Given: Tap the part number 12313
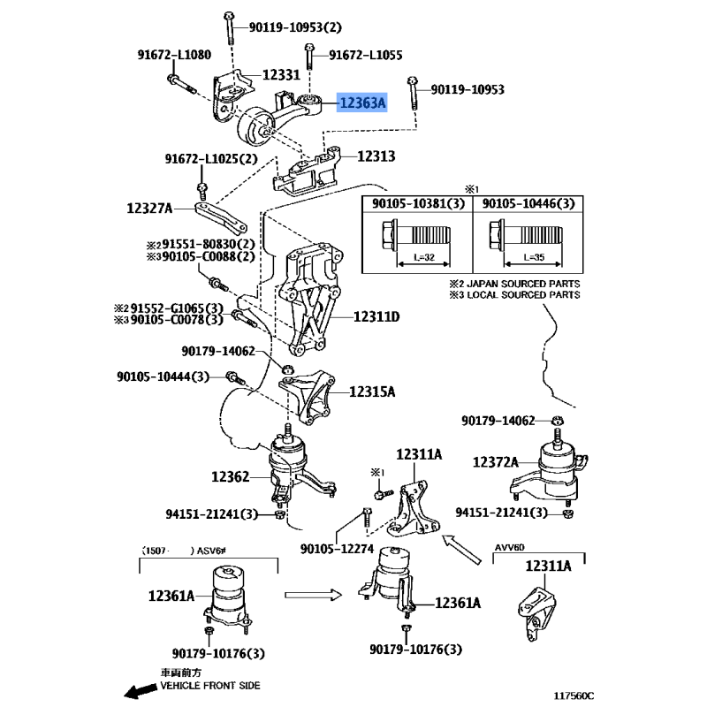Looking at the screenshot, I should click(x=376, y=156).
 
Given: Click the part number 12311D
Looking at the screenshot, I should click(x=377, y=316).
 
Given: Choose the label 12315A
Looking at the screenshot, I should click(x=372, y=391).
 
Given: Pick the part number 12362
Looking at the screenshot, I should click(x=232, y=476).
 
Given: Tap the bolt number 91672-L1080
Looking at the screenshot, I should click(x=175, y=55).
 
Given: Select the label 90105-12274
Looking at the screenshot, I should click(x=338, y=548).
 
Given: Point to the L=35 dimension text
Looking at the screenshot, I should click(x=531, y=256).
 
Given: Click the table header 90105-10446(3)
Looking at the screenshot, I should click(x=528, y=204).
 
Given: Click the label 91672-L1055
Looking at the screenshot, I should click(x=366, y=55).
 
